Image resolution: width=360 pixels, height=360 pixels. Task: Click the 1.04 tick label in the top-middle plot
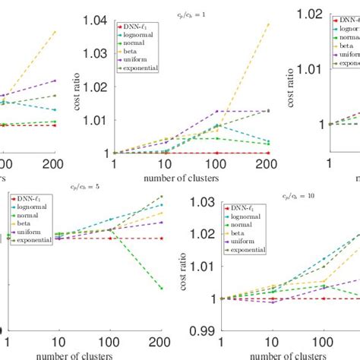(x=96, y=21)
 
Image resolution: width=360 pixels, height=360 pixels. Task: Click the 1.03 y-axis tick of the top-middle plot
(x=96, y=53)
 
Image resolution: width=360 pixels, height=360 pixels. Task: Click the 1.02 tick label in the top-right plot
(x=307, y=13)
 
